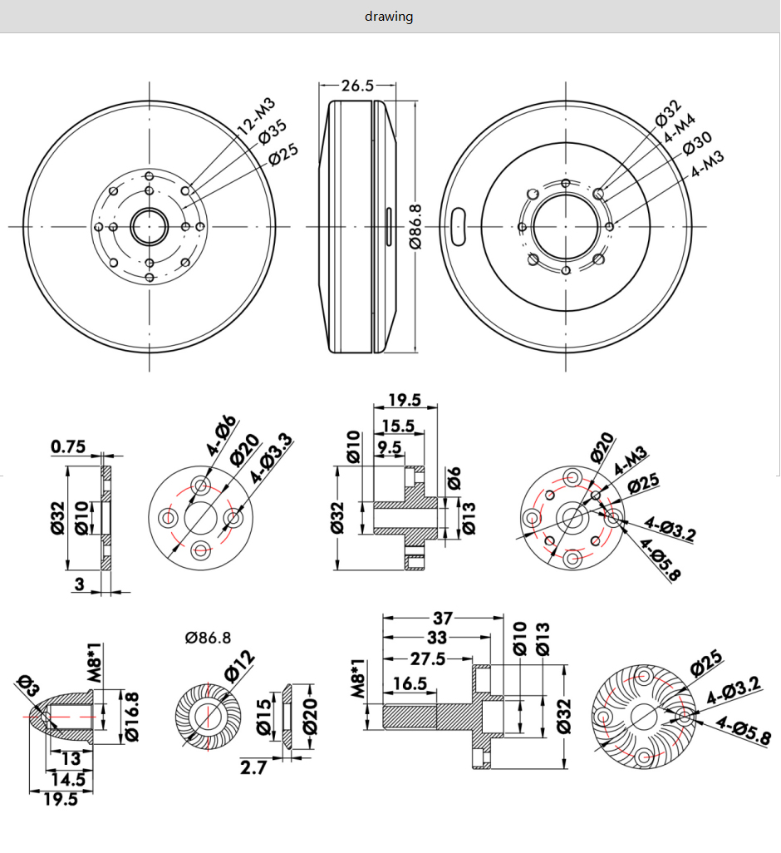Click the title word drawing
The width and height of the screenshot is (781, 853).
(389, 17)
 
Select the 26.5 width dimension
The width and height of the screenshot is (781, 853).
(357, 85)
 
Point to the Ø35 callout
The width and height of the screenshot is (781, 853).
(273, 132)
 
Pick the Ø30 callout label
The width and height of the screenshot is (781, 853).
(697, 143)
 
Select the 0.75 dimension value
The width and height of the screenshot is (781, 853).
(68, 447)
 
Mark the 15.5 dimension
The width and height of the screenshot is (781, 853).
(397, 426)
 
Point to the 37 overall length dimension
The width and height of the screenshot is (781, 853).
(442, 619)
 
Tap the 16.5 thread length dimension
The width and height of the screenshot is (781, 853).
(409, 683)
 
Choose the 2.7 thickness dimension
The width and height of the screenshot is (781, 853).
(254, 767)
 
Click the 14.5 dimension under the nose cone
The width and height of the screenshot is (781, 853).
(67, 780)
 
